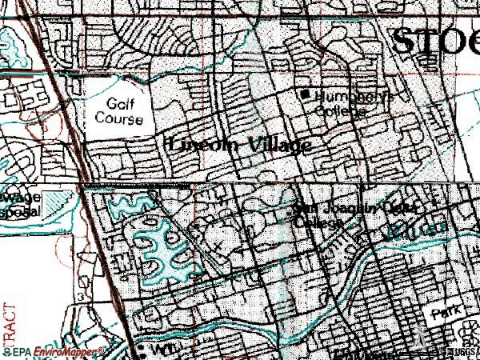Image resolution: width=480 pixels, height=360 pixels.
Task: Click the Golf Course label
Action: tap(123, 111)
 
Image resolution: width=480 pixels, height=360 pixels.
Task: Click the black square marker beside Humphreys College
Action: tap(306, 94)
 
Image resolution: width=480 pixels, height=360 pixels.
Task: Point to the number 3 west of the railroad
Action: tap(82, 297)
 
